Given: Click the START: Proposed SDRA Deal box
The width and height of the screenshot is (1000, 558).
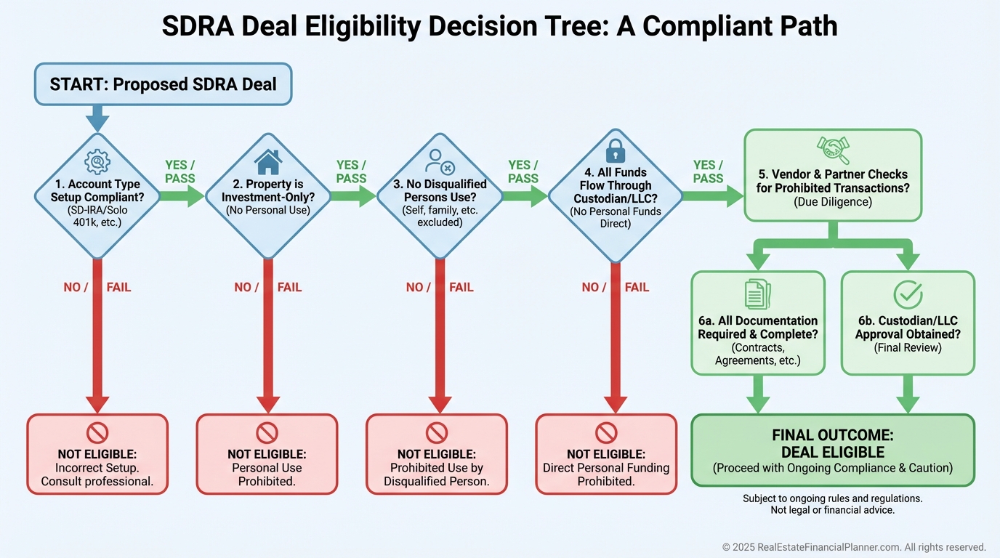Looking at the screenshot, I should point(163,84).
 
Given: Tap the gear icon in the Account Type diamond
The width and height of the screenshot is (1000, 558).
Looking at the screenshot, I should point(97,161).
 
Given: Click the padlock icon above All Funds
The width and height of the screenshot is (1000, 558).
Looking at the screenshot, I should point(615,151).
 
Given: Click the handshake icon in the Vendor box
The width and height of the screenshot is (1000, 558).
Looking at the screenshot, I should point(833,150).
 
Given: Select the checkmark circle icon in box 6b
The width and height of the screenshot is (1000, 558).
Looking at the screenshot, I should point(908,294).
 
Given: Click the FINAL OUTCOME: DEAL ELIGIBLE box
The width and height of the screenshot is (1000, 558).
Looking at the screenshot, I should point(832,450).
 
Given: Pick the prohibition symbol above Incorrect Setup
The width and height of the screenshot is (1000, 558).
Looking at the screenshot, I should point(97,433).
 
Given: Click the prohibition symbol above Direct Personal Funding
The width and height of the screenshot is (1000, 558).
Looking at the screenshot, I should point(606,433).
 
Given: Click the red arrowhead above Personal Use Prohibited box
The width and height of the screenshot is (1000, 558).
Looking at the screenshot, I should point(267,403).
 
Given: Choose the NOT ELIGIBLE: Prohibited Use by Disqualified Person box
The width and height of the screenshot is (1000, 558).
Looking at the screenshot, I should point(437,454).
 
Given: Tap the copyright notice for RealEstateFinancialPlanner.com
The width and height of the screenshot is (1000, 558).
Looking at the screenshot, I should point(854,547).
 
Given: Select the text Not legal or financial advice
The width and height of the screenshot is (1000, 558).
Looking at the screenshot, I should point(832,510).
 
